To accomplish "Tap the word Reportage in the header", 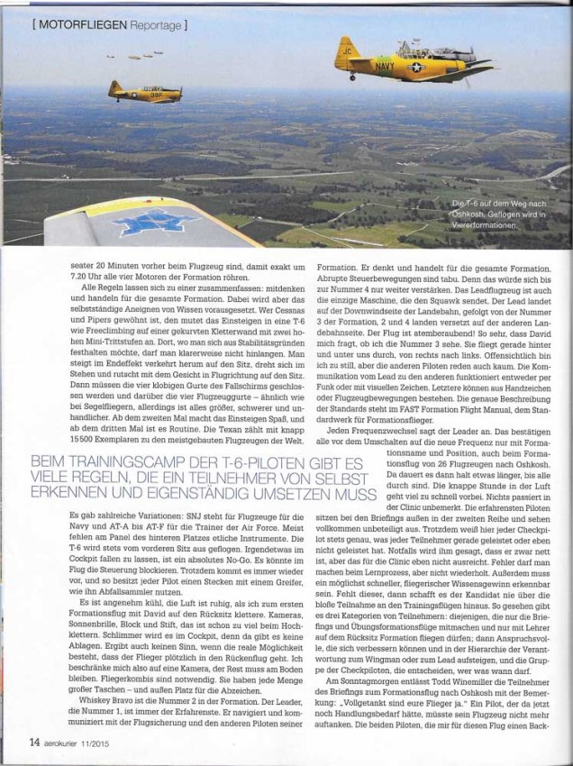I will coord(153,22).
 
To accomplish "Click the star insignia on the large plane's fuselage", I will coord(417,67).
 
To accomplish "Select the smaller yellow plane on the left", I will coord(144,91).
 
